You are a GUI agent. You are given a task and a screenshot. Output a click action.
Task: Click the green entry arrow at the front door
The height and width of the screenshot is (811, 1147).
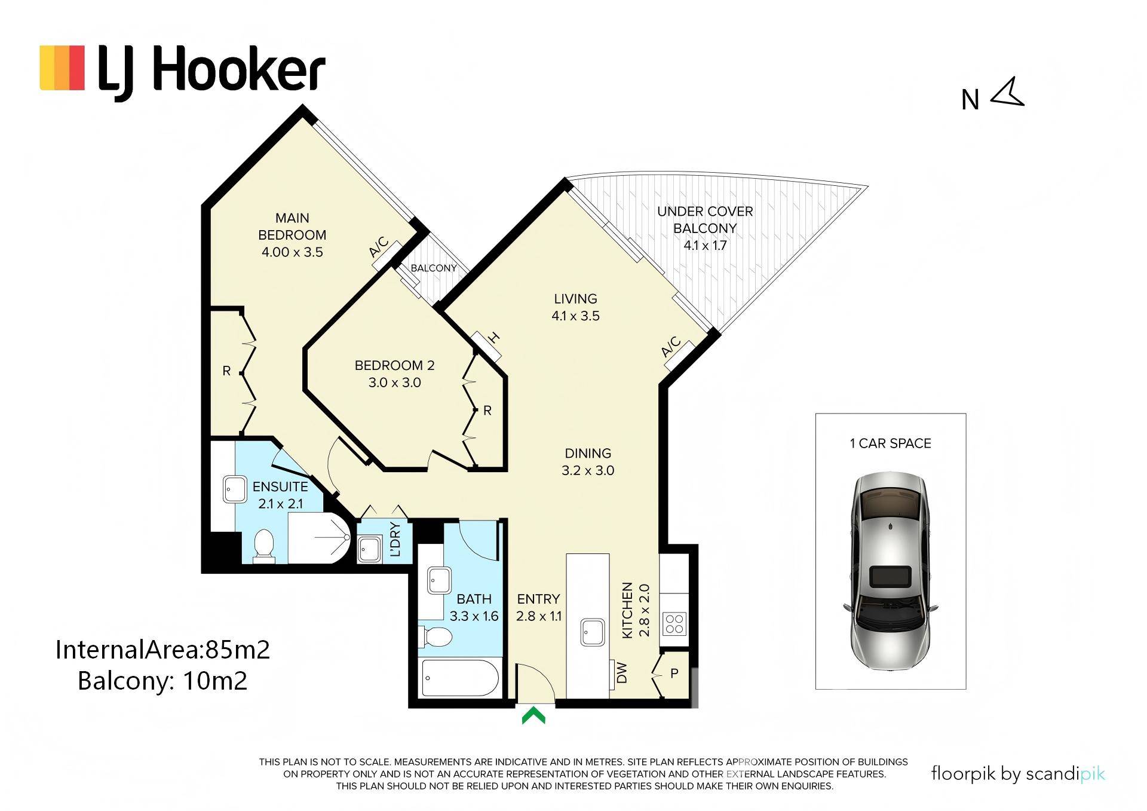tap(533, 715)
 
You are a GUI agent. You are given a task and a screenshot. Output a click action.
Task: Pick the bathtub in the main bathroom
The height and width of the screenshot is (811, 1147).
tap(460, 677)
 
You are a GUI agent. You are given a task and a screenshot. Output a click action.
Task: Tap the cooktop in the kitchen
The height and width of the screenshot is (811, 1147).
tap(674, 623)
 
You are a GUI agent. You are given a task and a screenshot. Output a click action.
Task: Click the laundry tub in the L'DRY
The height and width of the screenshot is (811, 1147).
tap(369, 548)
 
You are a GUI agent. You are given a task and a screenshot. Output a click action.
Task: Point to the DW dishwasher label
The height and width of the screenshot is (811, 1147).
tap(622, 672)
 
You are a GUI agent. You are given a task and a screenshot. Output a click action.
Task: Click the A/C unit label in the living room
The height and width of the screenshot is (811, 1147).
tap(671, 347)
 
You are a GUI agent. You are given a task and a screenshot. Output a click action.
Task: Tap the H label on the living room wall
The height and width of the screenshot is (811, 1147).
tap(493, 338)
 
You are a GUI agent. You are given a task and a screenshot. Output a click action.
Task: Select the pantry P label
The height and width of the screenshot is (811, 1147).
tap(674, 674)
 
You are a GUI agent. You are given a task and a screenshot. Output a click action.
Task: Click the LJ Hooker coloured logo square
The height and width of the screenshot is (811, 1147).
tap(62, 68)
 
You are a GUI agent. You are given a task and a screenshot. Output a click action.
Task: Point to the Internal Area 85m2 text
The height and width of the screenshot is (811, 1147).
tap(162, 650)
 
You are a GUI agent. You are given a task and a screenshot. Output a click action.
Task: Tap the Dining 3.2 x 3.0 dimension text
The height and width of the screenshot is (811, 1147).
tap(588, 470)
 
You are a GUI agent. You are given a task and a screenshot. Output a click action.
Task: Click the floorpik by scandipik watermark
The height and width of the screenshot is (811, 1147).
tap(1018, 774)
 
